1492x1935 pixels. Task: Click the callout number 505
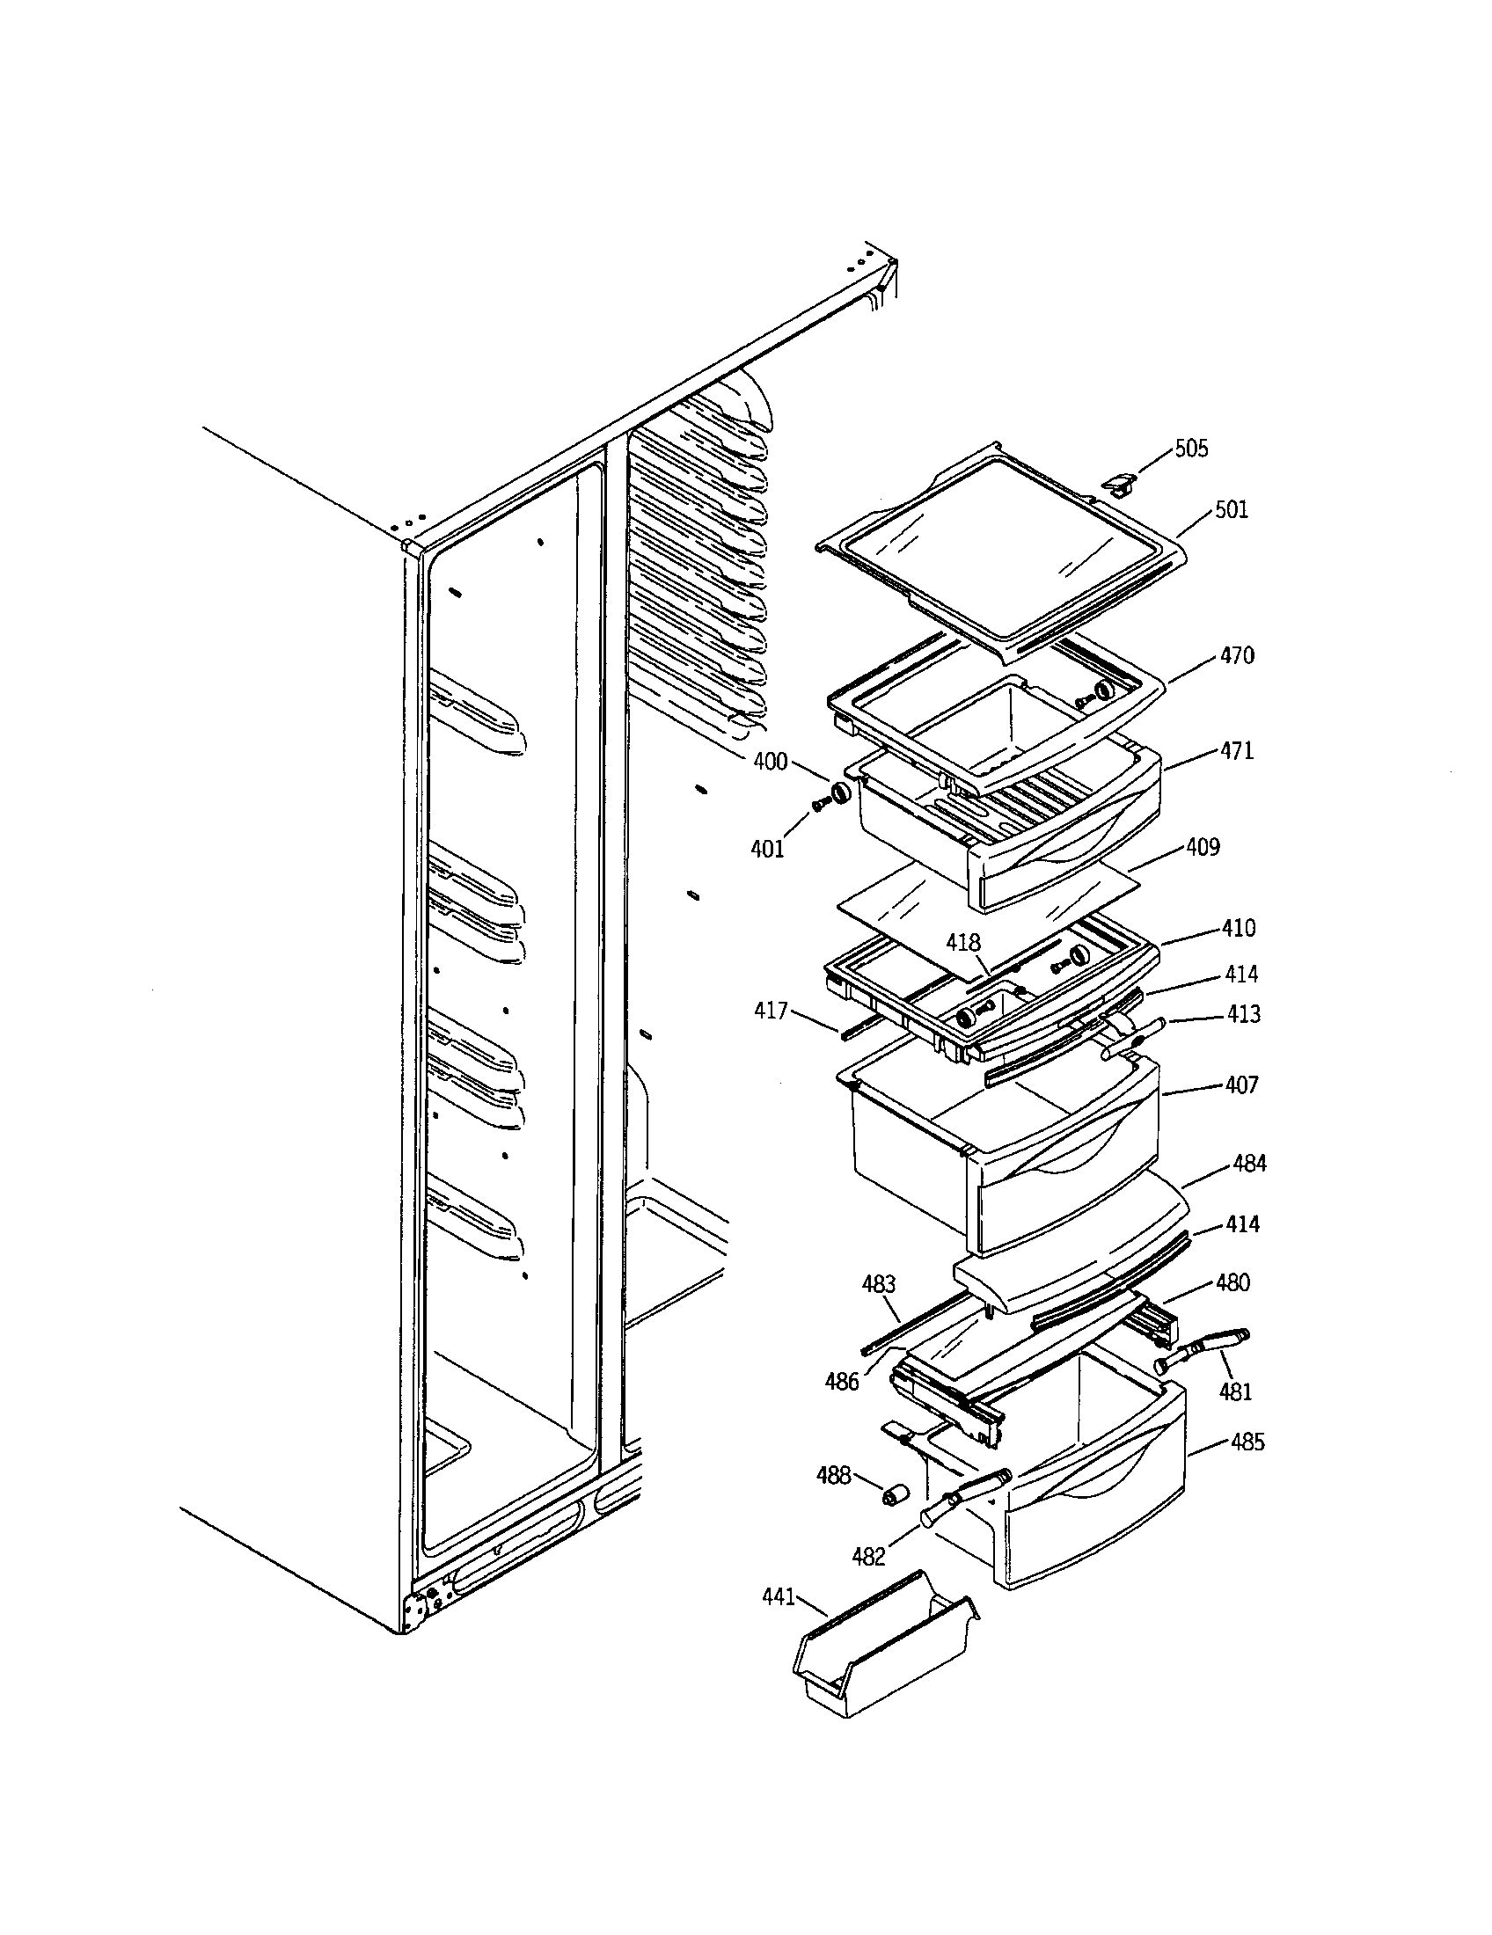(x=1191, y=449)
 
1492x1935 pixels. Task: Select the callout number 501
(x=1231, y=509)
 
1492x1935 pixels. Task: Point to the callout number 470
(x=1237, y=655)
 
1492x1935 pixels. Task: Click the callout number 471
(x=1237, y=750)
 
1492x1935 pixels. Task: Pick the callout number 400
(x=770, y=761)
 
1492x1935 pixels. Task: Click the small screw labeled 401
(x=819, y=804)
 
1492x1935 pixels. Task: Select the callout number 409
(x=1203, y=847)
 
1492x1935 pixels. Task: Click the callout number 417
(x=771, y=1010)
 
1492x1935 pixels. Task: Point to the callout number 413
(x=1243, y=1013)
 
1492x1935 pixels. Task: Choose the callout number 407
(x=1241, y=1084)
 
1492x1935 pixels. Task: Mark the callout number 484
(x=1249, y=1164)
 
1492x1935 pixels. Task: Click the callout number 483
(x=879, y=1284)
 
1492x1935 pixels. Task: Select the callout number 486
(x=842, y=1381)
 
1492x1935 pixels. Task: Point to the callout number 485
(x=1247, y=1442)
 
